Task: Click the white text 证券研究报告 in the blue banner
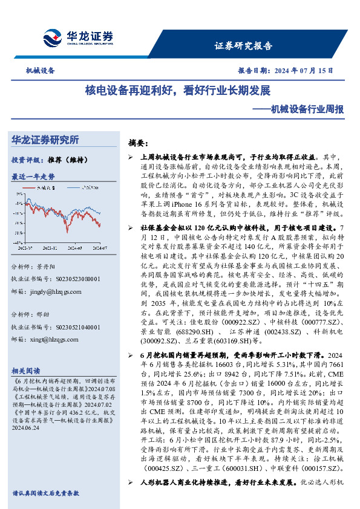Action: [244, 46]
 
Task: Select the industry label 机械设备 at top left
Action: [40, 71]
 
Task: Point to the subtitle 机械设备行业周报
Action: [306, 110]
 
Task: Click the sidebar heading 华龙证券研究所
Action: [45, 140]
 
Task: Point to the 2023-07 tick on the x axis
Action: [26, 247]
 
